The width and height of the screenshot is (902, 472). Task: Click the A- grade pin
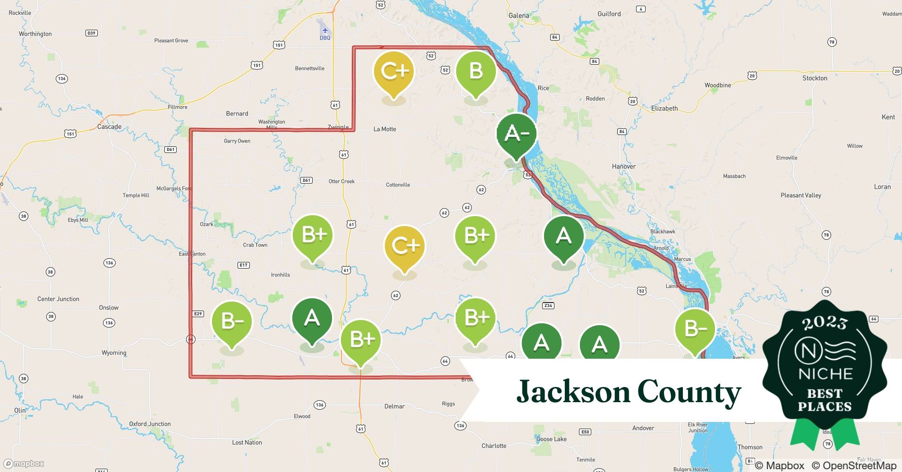516,134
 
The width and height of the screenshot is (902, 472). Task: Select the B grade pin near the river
476,72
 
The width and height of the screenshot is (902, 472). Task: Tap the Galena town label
519,16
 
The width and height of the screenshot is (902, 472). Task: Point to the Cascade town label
109,126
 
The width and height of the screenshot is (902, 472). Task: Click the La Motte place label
384,129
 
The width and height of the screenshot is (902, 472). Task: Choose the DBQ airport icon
325,31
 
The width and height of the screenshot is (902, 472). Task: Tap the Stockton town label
815,78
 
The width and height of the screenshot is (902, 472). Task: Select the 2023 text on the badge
825,323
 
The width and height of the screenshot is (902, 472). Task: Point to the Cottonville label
398,185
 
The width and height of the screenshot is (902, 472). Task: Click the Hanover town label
623,166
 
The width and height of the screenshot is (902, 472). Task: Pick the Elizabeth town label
664,108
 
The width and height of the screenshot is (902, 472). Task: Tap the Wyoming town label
114,353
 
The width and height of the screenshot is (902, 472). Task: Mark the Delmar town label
394,406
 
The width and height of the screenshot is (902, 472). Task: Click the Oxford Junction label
150,424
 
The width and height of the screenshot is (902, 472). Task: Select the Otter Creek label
341,181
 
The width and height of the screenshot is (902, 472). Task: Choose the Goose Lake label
551,439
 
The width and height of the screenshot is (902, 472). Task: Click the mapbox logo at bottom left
24,464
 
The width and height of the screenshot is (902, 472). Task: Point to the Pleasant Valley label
800,195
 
